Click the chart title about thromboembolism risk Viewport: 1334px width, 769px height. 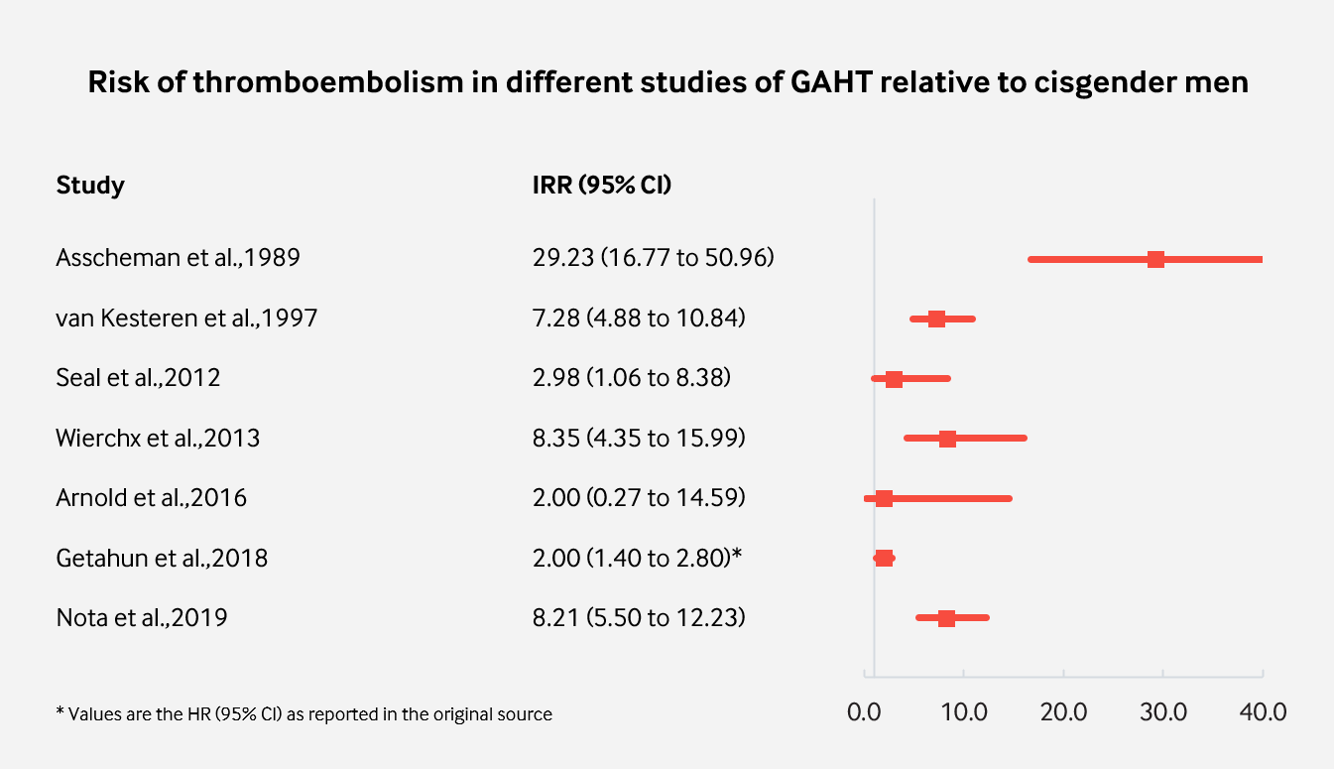[x=667, y=82]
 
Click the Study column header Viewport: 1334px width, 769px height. [x=90, y=186]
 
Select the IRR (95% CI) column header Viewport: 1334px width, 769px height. [x=602, y=186]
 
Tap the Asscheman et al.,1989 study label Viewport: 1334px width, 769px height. [x=178, y=259]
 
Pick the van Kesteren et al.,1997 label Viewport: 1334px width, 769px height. [x=186, y=319]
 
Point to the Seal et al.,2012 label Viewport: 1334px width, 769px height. [x=138, y=378]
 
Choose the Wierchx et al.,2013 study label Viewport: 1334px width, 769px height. [x=158, y=439]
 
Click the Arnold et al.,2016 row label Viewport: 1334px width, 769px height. [x=151, y=498]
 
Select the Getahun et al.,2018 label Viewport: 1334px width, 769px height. [x=162, y=559]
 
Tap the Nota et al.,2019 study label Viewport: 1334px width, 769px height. [x=142, y=618]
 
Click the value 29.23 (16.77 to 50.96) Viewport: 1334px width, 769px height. [x=654, y=259]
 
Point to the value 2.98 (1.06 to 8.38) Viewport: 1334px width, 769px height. [x=632, y=378]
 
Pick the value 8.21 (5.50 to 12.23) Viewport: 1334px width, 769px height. [x=639, y=618]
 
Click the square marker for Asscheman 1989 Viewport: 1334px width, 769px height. [x=1155, y=259]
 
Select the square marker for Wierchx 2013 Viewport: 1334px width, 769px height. [x=947, y=439]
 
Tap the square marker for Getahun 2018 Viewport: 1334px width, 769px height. [x=884, y=559]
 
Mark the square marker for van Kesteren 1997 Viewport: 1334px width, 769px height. [x=936, y=319]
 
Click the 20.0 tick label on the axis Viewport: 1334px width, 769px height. [x=1063, y=711]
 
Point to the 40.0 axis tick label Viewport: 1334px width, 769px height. [x=1263, y=711]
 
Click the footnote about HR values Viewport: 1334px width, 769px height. [x=303, y=713]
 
